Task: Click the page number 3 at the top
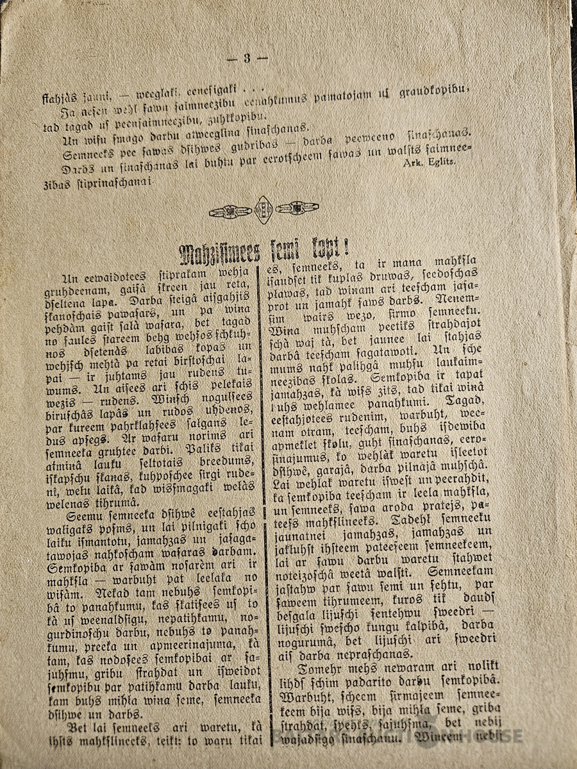pos(247,58)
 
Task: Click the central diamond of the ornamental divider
pos(263,210)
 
